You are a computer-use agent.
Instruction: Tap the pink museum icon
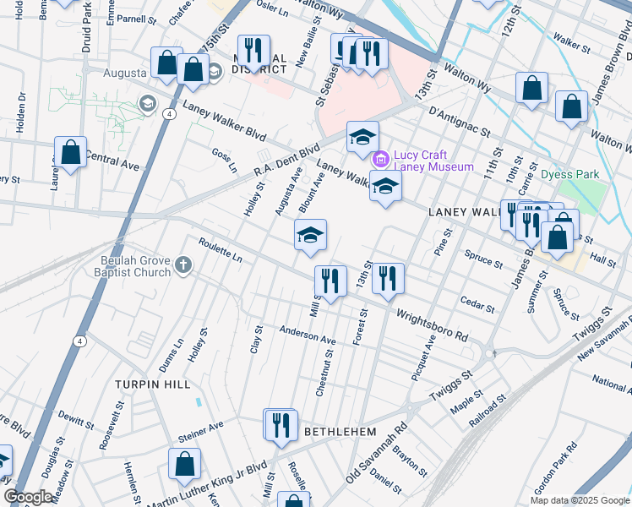380,158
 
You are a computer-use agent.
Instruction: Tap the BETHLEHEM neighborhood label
340,431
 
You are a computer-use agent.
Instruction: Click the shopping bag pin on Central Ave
71,153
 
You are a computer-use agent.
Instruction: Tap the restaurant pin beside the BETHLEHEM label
281,425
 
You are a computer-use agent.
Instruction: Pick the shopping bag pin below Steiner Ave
183,465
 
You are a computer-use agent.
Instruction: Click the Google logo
28,497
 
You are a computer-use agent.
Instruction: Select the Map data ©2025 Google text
579,500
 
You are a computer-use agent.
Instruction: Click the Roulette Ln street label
221,251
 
